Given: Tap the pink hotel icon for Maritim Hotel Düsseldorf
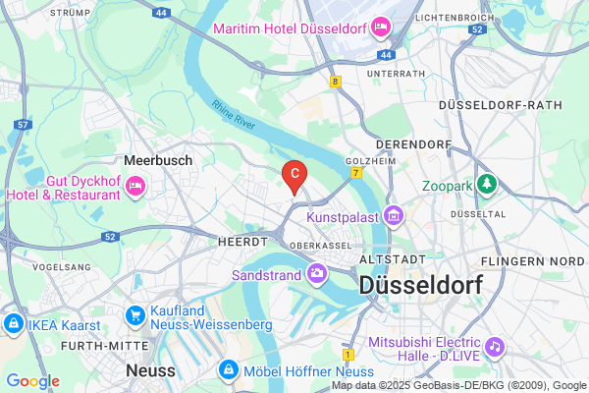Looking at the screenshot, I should pyautogui.click(x=378, y=27).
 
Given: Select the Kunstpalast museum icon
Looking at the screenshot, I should pyautogui.click(x=393, y=214).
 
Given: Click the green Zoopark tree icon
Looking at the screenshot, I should pyautogui.click(x=487, y=184).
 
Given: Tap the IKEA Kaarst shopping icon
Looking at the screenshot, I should pyautogui.click(x=15, y=323).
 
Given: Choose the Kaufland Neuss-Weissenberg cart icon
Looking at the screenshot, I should pyautogui.click(x=136, y=314).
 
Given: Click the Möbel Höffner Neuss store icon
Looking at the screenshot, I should pyautogui.click(x=228, y=369).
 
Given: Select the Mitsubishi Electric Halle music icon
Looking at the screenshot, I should pyautogui.click(x=496, y=347).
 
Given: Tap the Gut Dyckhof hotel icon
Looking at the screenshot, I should pyautogui.click(x=135, y=185).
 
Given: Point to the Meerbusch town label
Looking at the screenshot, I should pyautogui.click(x=157, y=159).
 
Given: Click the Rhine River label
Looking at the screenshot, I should pyautogui.click(x=233, y=116).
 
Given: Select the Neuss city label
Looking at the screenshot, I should pyautogui.click(x=150, y=370).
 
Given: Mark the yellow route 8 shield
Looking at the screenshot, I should pyautogui.click(x=336, y=83).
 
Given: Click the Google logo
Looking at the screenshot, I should pyautogui.click(x=32, y=381).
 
